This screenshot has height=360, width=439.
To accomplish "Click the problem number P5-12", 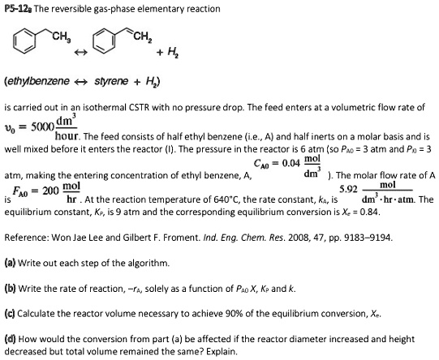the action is click(x=18, y=8).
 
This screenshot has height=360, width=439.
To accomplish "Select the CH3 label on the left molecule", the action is click(x=61, y=34).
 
